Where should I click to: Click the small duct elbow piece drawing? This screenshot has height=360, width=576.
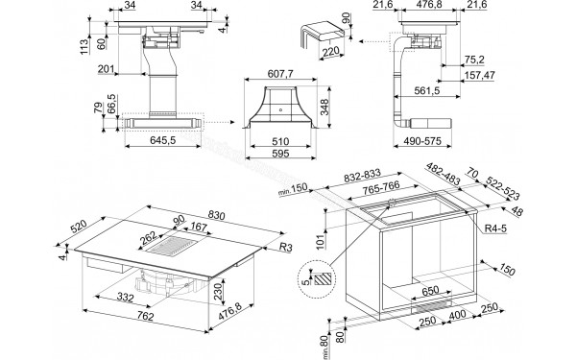314,36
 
